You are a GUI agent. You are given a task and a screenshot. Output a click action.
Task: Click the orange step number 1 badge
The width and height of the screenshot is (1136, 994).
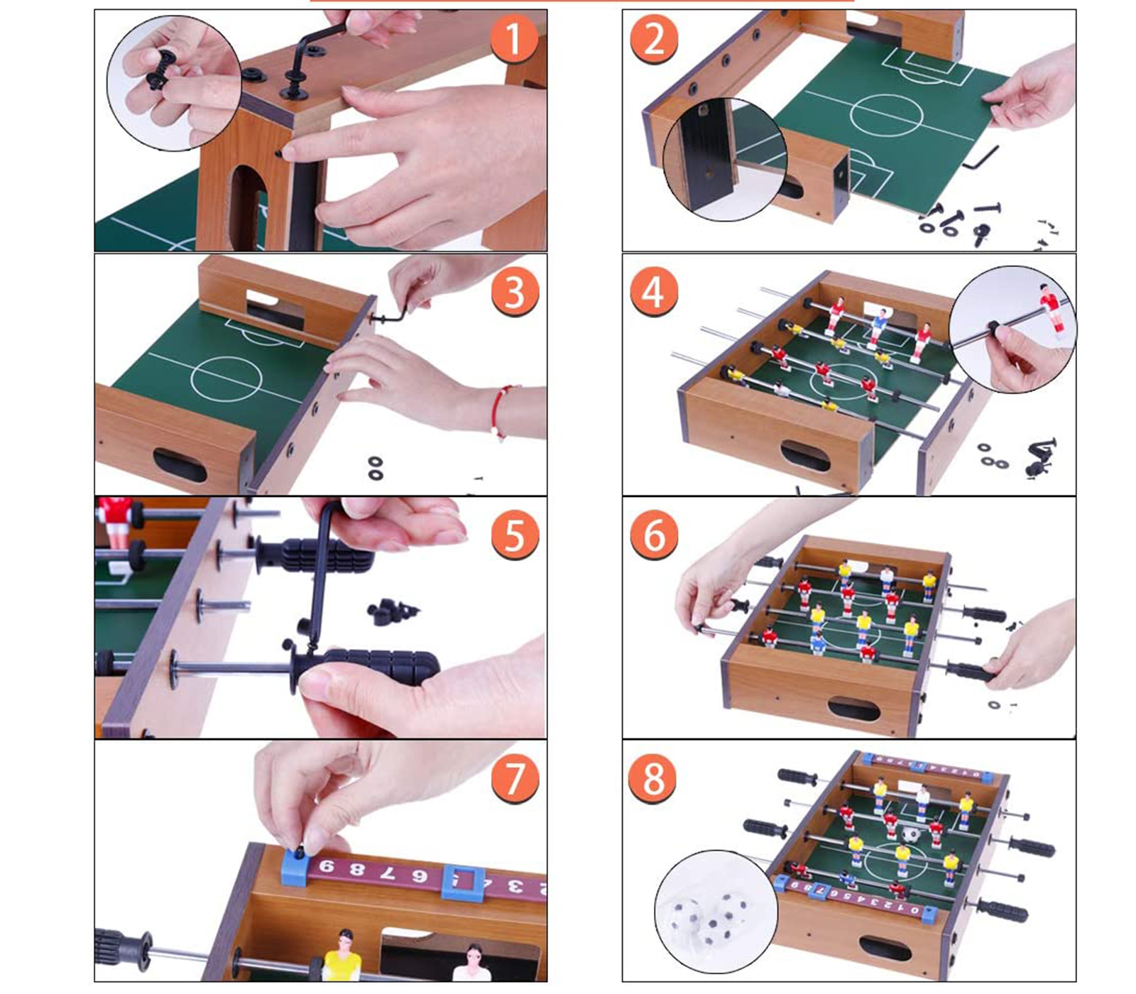[x=513, y=38]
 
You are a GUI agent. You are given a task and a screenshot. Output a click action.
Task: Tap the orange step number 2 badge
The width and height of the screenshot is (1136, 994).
[x=654, y=38]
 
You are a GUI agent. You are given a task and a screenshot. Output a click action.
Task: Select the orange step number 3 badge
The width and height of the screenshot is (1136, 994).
[x=515, y=292]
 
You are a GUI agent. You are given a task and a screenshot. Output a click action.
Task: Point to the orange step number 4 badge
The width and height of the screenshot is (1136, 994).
[x=654, y=292]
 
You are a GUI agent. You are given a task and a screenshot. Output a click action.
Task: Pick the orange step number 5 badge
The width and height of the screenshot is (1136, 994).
[x=515, y=535]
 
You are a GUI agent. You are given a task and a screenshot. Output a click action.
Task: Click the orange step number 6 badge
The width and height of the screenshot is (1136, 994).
[x=654, y=535]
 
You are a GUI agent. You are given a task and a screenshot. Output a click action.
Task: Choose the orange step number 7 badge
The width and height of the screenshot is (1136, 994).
[x=515, y=779]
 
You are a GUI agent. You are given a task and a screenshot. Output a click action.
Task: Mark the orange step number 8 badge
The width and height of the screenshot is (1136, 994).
[x=653, y=779]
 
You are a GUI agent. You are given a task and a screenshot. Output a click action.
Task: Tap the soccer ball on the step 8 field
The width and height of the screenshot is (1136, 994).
[x=911, y=834]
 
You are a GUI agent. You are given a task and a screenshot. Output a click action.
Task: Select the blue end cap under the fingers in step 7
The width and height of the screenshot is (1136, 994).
[x=297, y=866]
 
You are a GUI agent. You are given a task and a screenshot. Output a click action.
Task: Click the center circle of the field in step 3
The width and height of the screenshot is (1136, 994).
[x=222, y=379]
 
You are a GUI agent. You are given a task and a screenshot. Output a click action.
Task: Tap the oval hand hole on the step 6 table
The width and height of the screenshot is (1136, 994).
[x=854, y=708]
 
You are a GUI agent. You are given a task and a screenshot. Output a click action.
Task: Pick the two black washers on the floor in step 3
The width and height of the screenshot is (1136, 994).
[x=375, y=468]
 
